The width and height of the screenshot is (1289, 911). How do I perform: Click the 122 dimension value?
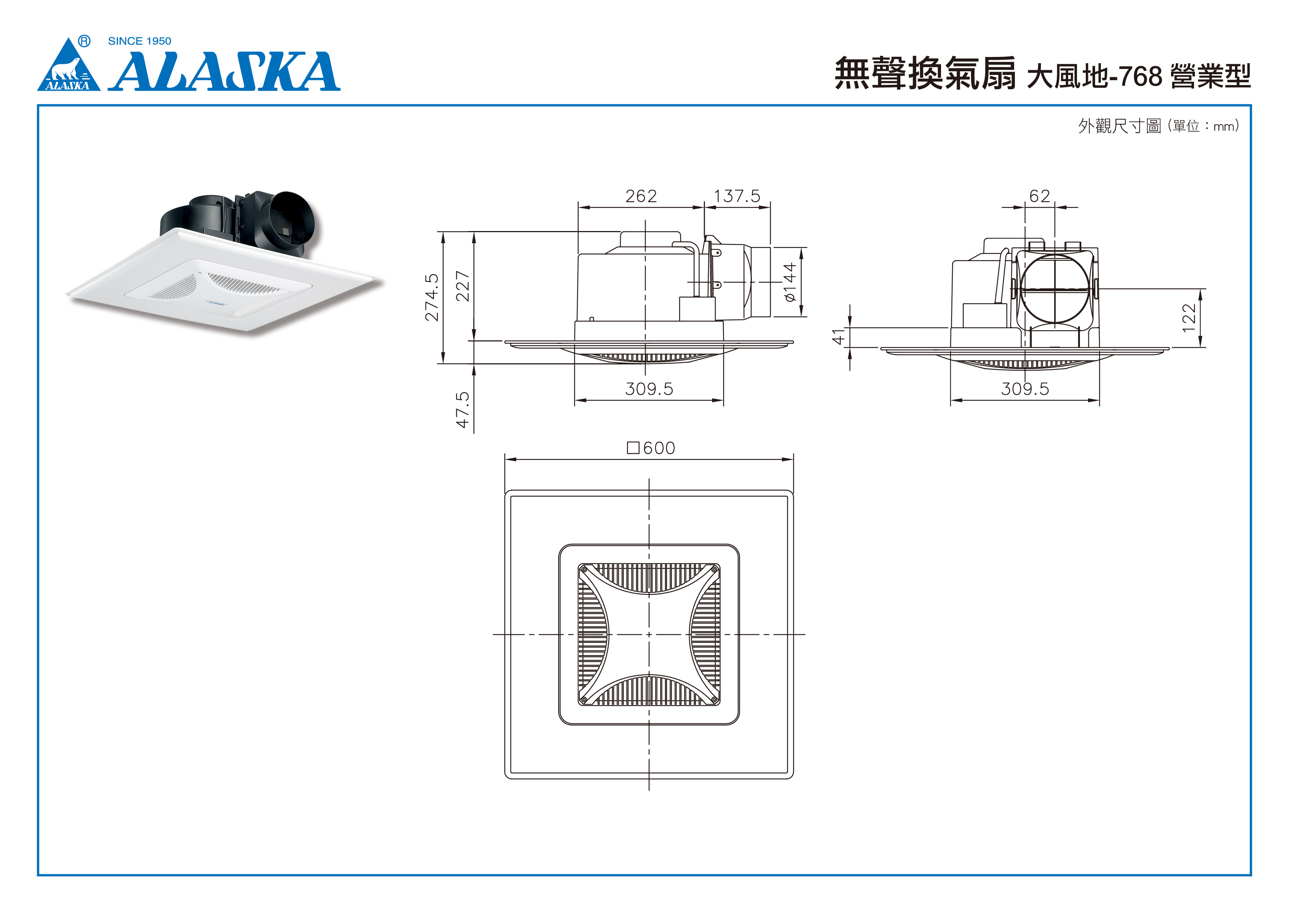(1189, 318)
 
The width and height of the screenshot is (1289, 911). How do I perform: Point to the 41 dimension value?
(838, 337)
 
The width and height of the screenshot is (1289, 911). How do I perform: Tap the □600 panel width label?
(651, 448)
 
